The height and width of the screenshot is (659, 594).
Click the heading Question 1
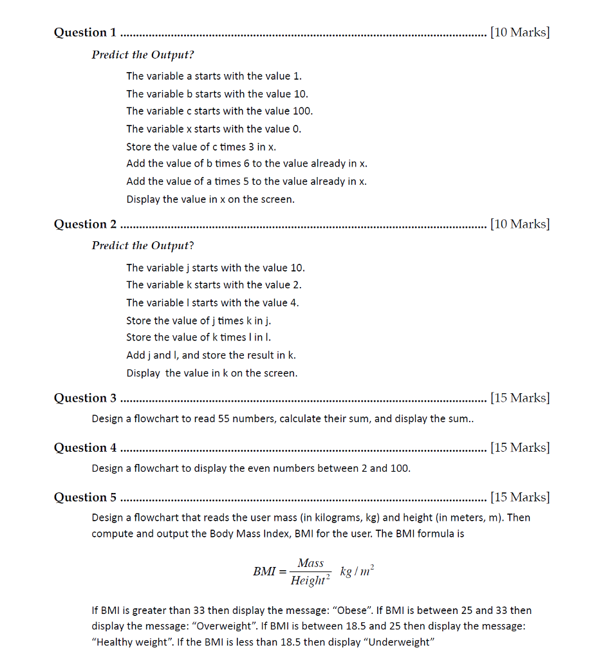click(x=86, y=33)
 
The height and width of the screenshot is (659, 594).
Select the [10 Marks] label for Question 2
click(x=519, y=225)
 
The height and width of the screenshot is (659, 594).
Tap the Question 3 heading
click(x=86, y=398)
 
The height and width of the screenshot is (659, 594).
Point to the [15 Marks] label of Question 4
click(x=519, y=448)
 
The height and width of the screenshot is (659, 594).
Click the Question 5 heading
click(x=86, y=497)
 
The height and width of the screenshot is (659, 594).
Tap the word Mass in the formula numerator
click(x=310, y=563)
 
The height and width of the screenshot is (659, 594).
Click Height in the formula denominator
click(x=308, y=581)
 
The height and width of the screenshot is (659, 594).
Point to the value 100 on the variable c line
click(x=302, y=111)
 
